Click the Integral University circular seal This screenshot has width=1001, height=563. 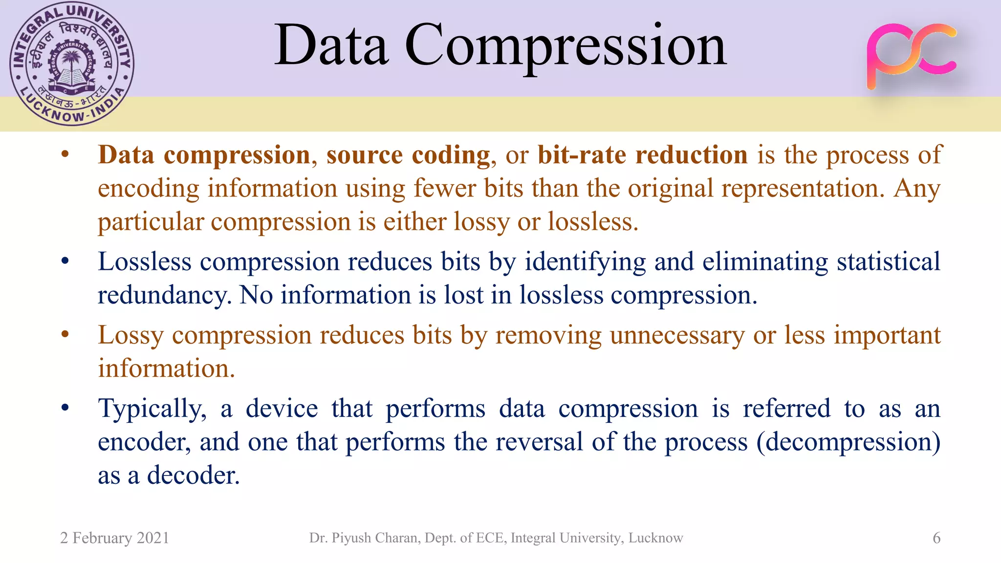[x=72, y=64]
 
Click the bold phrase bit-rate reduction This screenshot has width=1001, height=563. [x=642, y=155]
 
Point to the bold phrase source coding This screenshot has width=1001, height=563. [x=408, y=155]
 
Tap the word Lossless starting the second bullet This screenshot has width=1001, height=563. [x=145, y=261]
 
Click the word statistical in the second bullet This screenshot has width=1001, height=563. [x=889, y=261]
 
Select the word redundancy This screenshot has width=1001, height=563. [x=164, y=295]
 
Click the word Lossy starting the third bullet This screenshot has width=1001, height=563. [x=131, y=335]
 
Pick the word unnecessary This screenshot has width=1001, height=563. [x=677, y=335]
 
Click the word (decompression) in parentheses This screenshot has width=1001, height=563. [x=848, y=442]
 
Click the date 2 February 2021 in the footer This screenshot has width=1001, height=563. [x=114, y=538]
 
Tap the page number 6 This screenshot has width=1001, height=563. [x=936, y=538]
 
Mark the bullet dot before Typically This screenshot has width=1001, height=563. [x=65, y=408]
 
